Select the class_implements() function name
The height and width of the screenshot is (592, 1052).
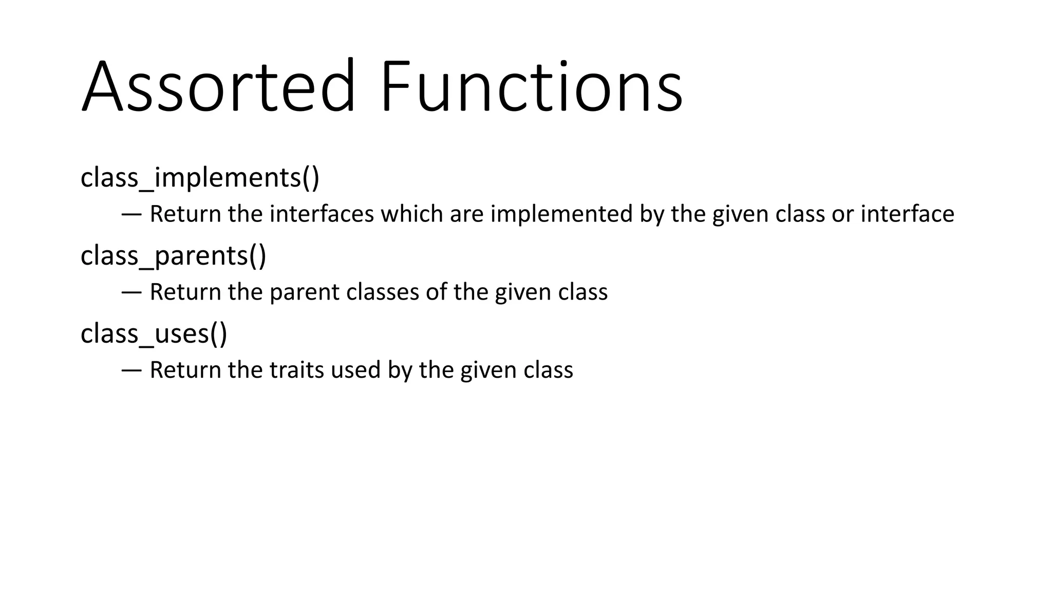200,178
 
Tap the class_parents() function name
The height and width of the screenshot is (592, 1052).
173,256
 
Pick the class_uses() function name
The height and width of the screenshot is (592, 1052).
154,334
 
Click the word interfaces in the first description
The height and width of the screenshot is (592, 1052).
322,214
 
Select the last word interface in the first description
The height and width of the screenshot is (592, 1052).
907,214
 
